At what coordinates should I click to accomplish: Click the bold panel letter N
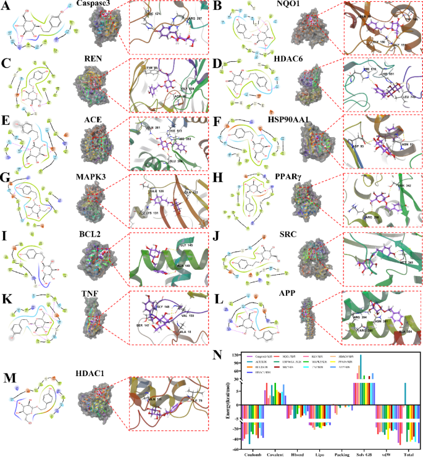click(x=216, y=356)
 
